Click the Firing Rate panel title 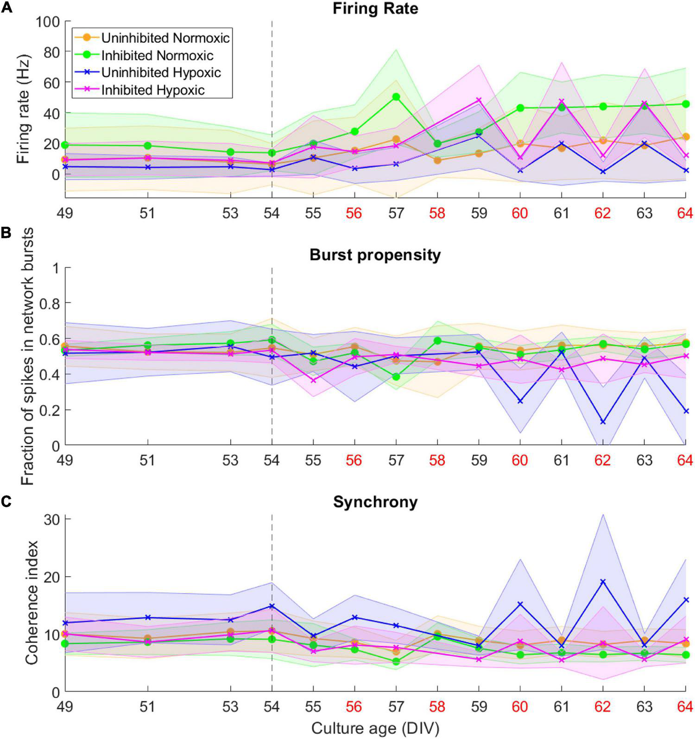[375, 8]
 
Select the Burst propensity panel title [375, 255]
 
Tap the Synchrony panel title [375, 502]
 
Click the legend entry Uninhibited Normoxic [165, 38]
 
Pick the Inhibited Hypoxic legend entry [153, 90]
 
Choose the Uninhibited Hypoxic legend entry [161, 72]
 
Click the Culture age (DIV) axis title [375, 728]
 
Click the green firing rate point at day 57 [396, 97]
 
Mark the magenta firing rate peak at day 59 [479, 100]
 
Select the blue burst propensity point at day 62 [603, 422]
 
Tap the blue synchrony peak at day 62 [603, 581]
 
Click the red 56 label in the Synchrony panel [354, 707]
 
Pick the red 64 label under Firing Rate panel [684, 213]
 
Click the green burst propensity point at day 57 [396, 377]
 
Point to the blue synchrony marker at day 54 [272, 606]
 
